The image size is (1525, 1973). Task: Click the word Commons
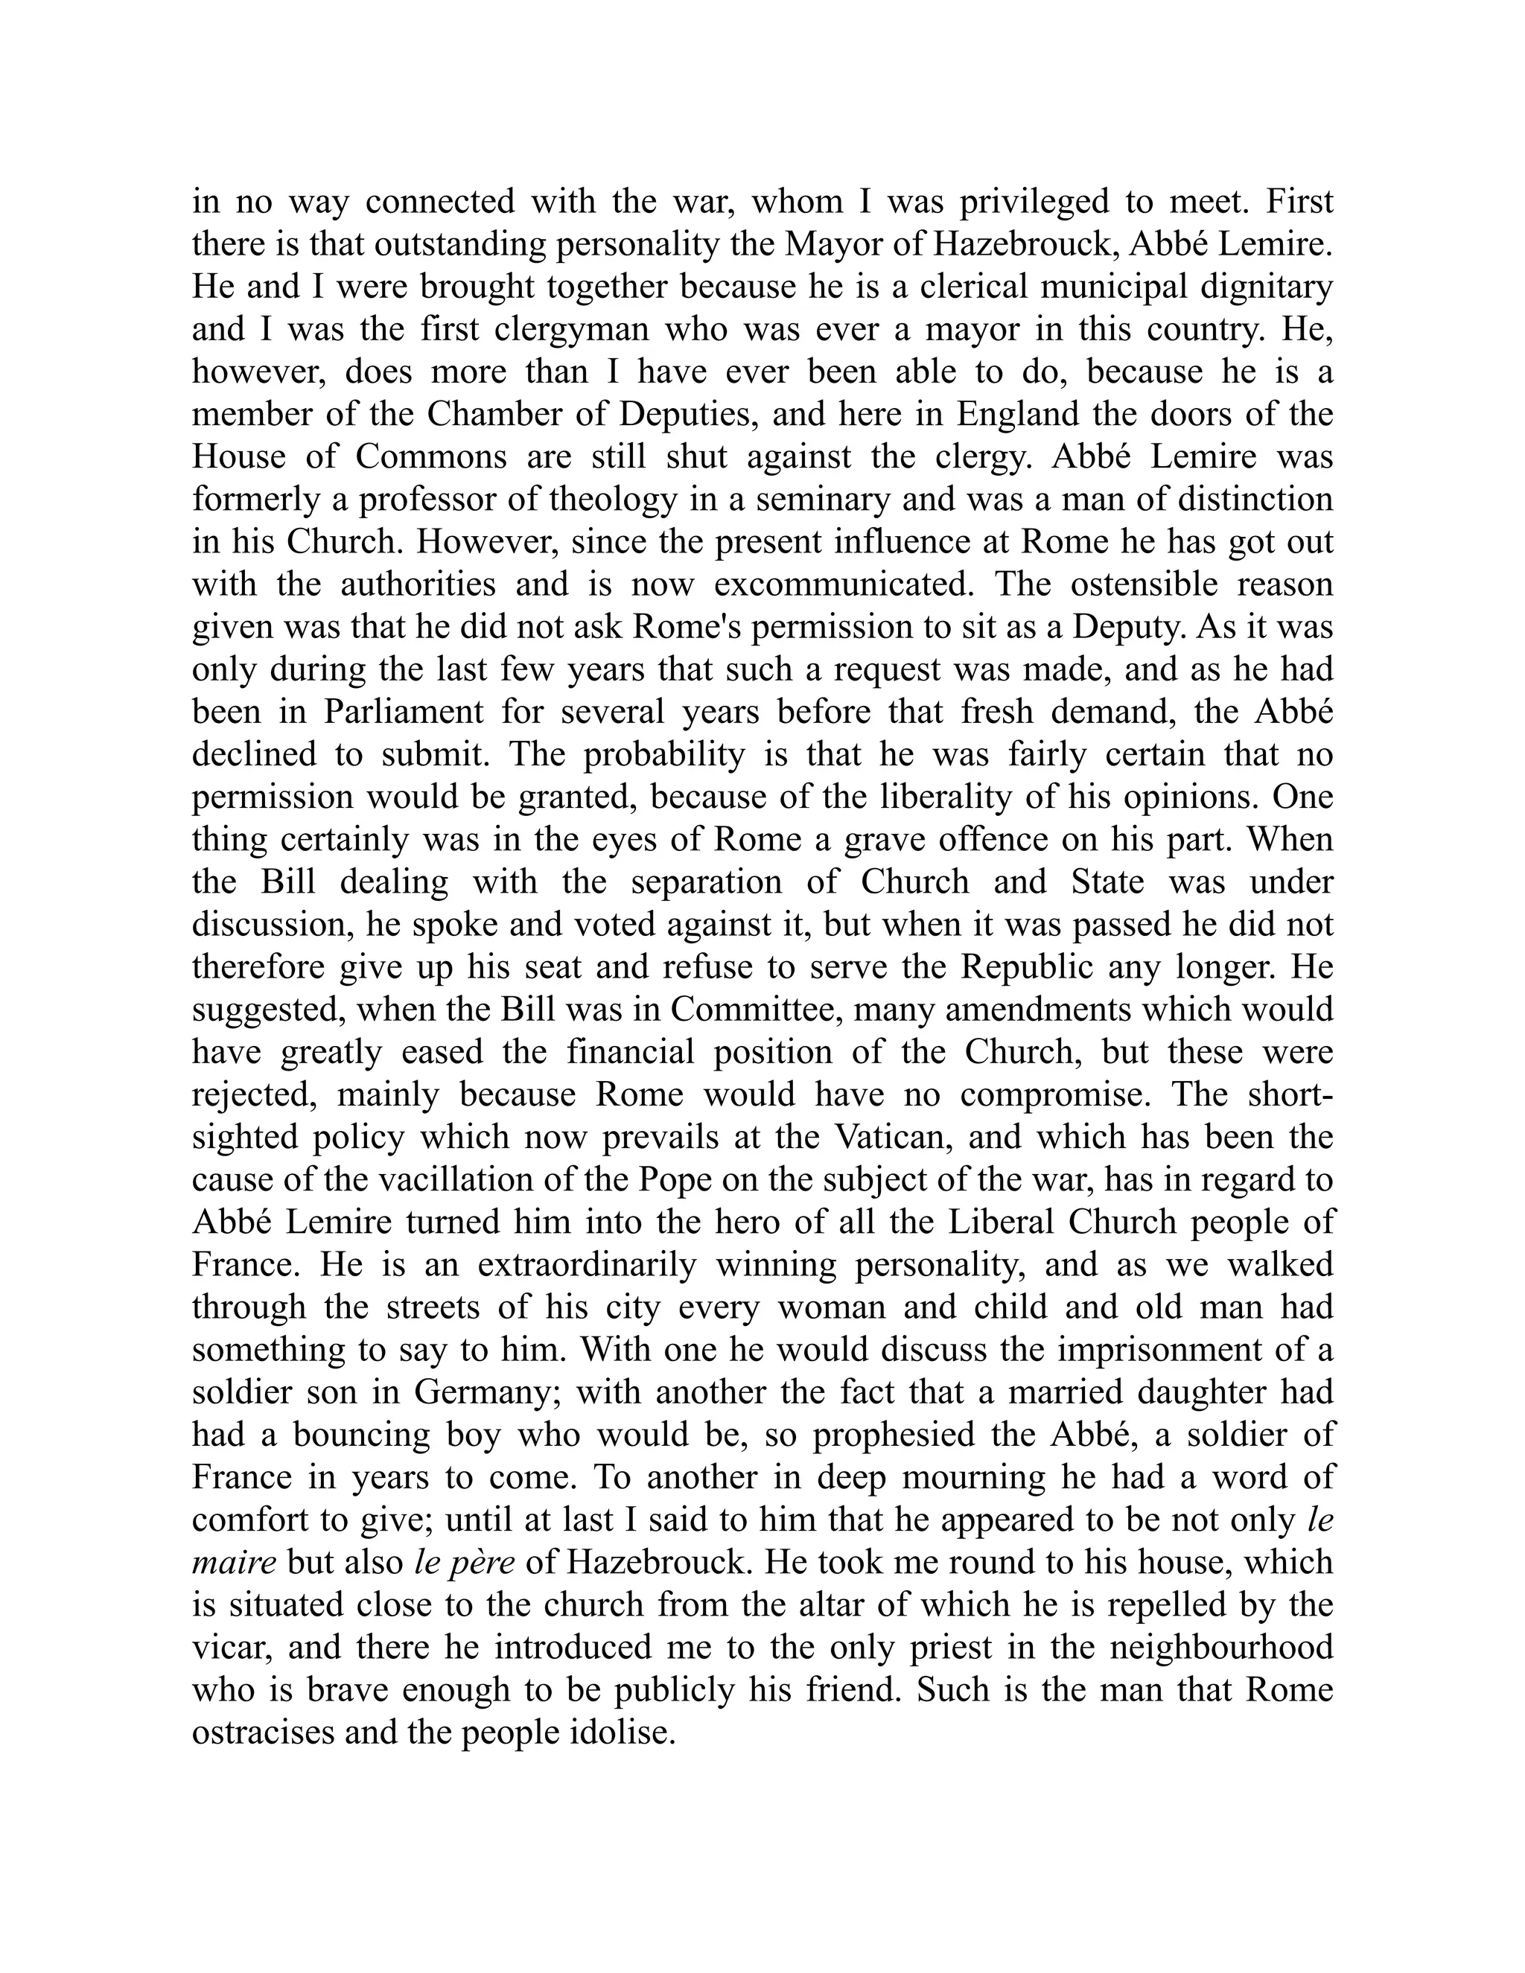click(x=431, y=457)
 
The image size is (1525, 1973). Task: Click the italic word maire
click(x=234, y=1562)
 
